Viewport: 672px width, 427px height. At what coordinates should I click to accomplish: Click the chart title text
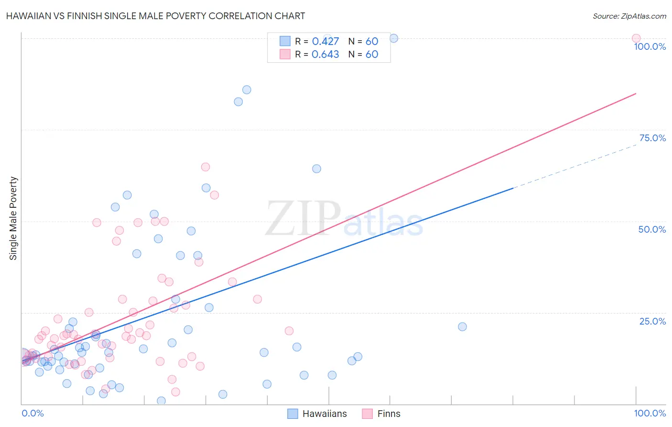[x=155, y=16]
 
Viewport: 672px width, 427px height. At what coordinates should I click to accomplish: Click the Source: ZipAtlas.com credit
[x=629, y=16]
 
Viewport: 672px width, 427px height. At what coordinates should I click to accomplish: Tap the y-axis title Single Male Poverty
[x=13, y=218]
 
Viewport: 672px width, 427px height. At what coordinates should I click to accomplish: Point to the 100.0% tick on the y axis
[x=650, y=46]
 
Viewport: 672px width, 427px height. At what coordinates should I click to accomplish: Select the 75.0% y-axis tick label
[x=652, y=138]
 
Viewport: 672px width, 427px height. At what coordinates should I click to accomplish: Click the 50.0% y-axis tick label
[x=652, y=229]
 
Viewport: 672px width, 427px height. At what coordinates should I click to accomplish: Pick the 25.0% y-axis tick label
[x=652, y=321]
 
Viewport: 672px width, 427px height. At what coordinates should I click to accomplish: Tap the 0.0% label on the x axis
[x=33, y=413]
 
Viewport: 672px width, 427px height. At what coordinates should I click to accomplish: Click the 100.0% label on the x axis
[x=650, y=413]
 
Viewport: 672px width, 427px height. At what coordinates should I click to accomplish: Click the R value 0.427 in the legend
[x=325, y=42]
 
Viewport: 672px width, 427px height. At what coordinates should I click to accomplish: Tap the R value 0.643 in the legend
[x=325, y=55]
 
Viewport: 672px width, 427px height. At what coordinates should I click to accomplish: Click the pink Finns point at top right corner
[x=636, y=38]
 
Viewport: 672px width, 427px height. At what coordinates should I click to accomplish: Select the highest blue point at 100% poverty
[x=394, y=38]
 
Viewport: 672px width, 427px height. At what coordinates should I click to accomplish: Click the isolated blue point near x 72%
[x=462, y=326]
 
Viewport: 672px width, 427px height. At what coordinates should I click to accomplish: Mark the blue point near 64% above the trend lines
[x=316, y=169]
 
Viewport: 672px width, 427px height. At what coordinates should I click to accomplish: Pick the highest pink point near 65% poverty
[x=206, y=167]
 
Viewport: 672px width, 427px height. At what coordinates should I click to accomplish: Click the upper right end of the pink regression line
[x=635, y=93]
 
